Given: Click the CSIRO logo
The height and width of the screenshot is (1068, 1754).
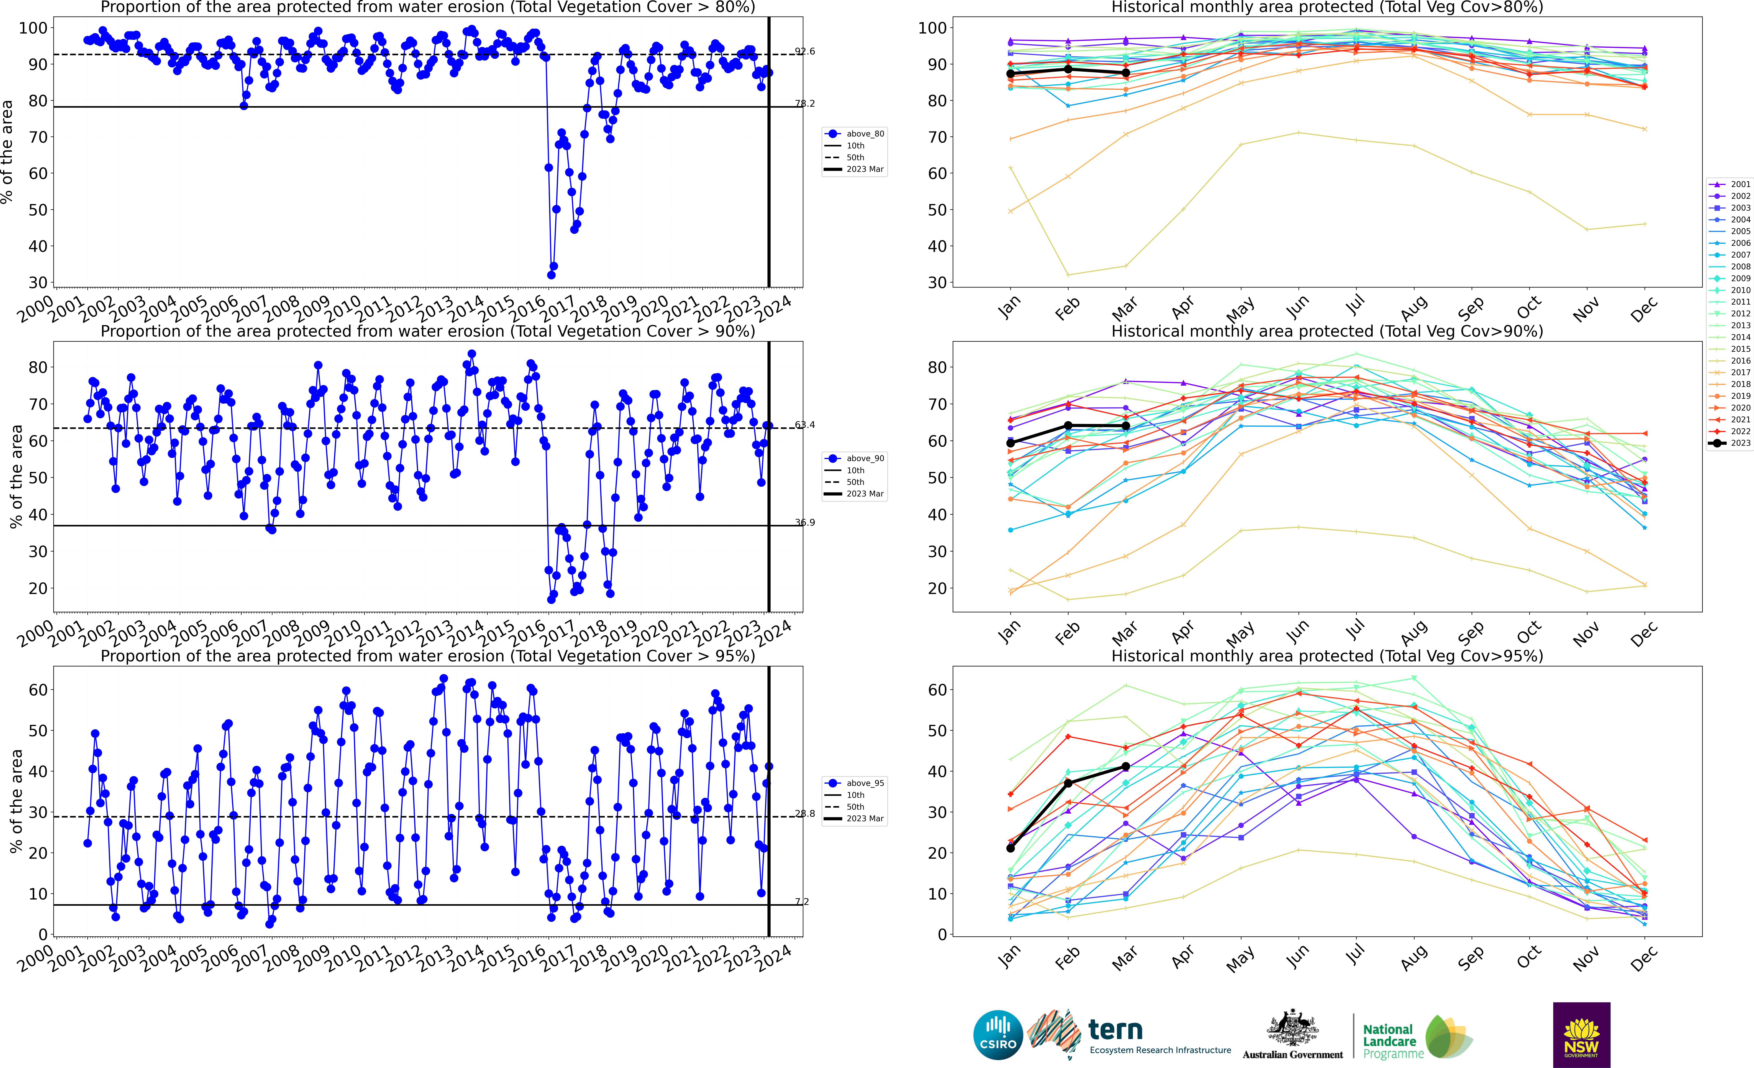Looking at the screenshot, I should [997, 1034].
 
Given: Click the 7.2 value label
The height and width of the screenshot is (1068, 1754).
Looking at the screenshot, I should [802, 901].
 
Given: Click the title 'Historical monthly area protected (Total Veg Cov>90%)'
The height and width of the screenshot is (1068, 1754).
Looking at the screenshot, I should [1327, 331].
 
